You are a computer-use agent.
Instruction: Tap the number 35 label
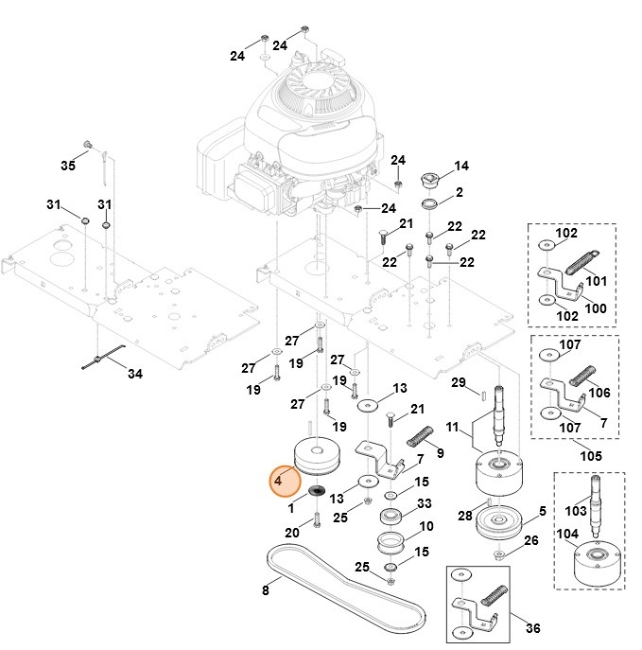point(67,166)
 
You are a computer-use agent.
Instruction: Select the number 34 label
point(135,374)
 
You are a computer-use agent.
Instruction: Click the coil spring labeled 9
point(419,437)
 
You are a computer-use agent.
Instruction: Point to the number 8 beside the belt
point(265,590)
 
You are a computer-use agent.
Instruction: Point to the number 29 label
point(458,382)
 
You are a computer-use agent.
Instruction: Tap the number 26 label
point(530,540)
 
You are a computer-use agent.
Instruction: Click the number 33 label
point(424,503)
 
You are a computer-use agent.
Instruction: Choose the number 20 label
point(291,534)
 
